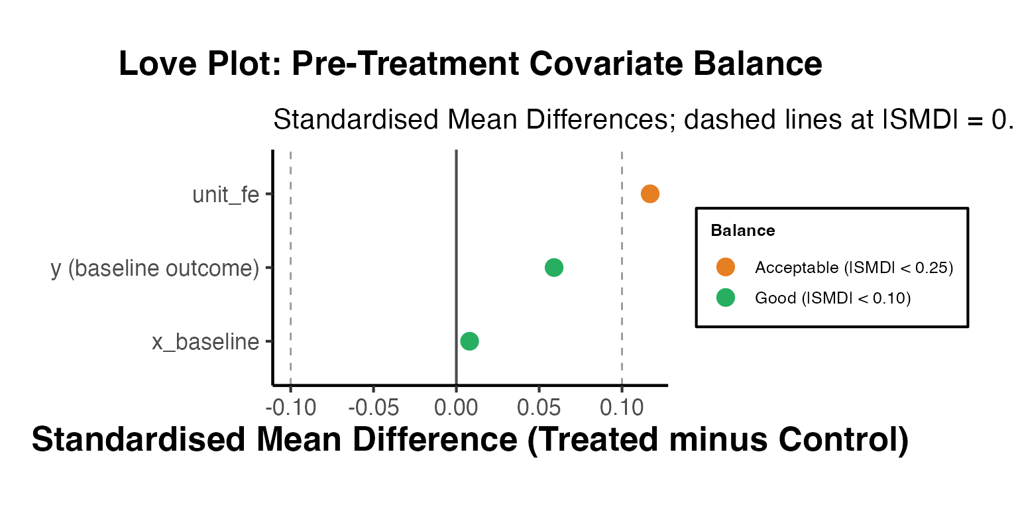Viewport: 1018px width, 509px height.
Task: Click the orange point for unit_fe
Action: pyautogui.click(x=650, y=194)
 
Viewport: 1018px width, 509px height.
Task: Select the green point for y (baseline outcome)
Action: pyautogui.click(x=554, y=268)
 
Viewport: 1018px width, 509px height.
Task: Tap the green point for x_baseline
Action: pyautogui.click(x=469, y=341)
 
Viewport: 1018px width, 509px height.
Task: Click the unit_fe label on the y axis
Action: pyautogui.click(x=225, y=195)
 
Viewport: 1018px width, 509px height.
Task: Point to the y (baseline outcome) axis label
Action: pyautogui.click(x=155, y=268)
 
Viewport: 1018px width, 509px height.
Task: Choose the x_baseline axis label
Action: pyautogui.click(x=205, y=342)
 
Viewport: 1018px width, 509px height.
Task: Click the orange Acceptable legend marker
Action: pyautogui.click(x=726, y=267)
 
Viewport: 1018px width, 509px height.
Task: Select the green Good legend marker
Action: pyautogui.click(x=726, y=298)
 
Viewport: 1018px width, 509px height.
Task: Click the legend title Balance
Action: pyautogui.click(x=742, y=231)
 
